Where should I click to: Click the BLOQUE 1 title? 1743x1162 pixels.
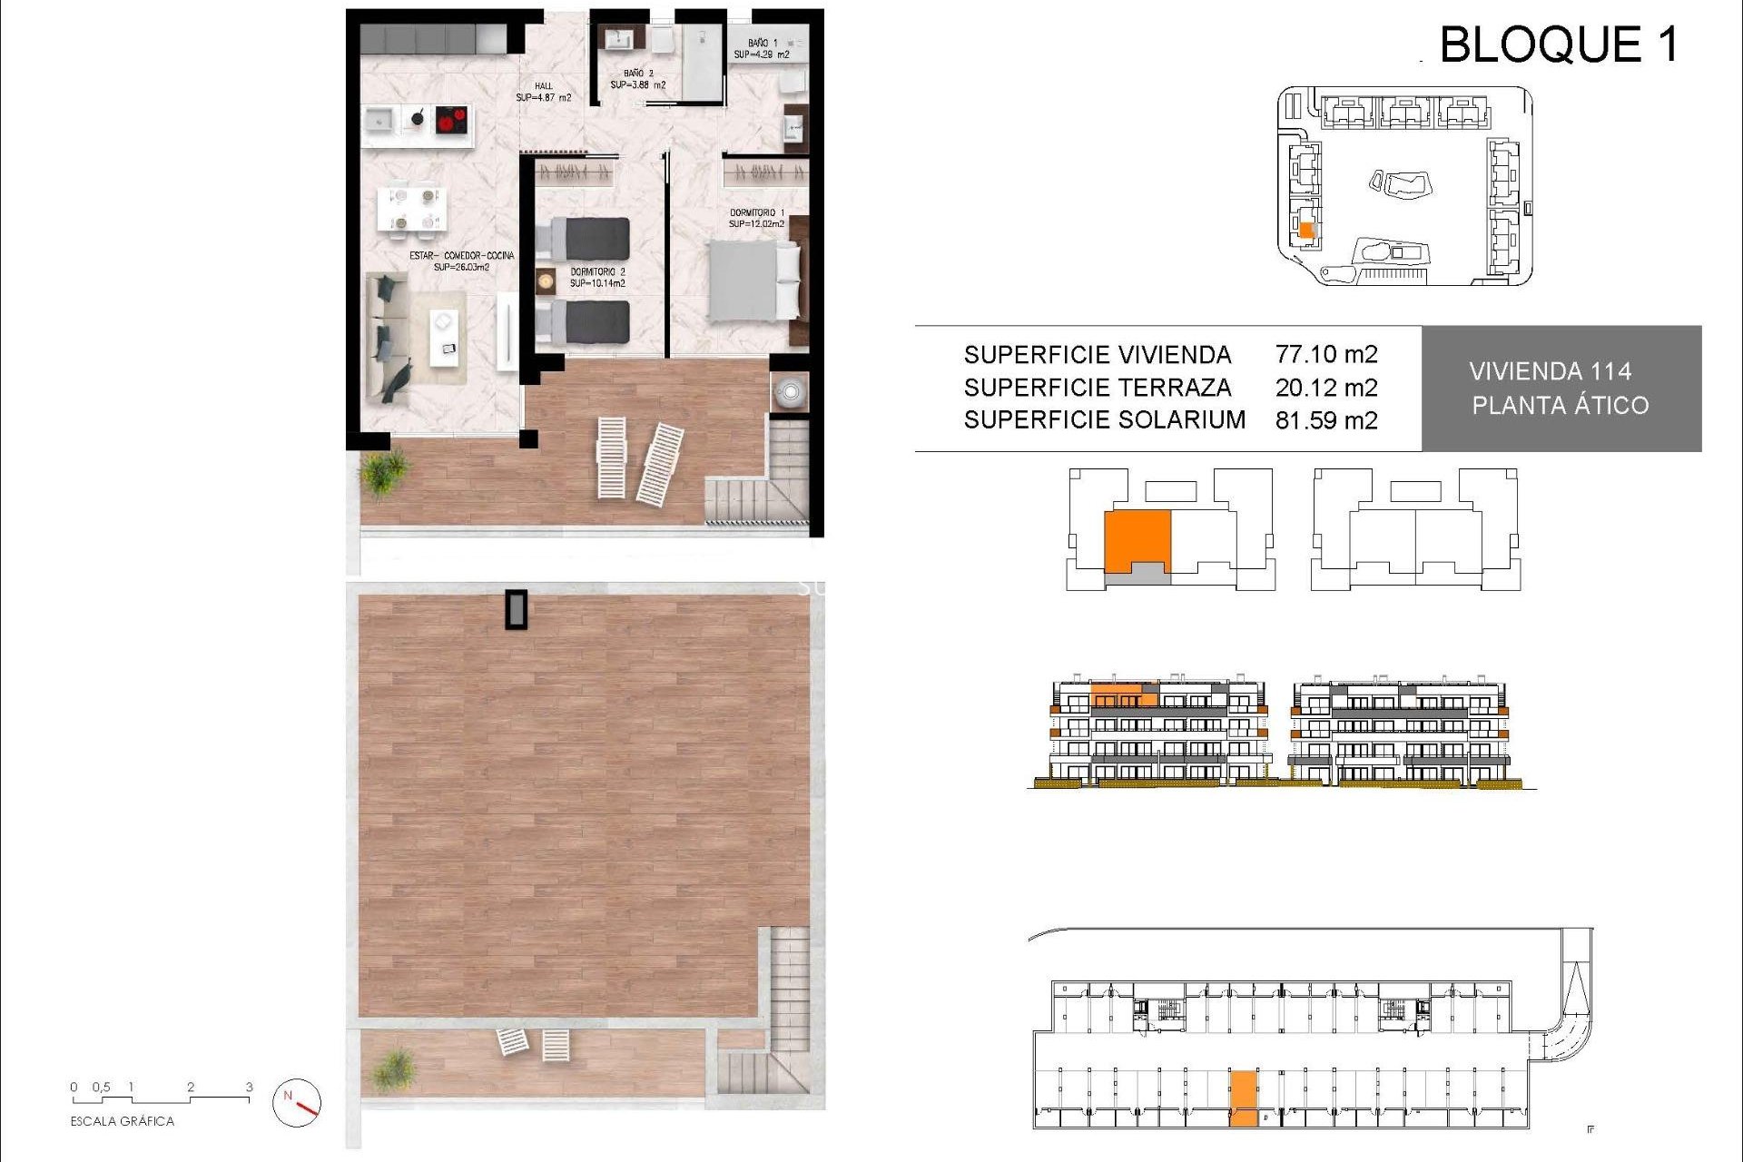1558,44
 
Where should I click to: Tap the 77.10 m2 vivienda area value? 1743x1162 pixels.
1326,354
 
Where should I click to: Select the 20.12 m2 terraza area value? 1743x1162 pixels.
1326,388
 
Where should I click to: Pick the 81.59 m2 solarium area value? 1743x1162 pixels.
1326,420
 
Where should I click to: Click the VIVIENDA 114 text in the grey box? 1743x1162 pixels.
1550,371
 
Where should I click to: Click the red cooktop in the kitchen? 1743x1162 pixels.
451,119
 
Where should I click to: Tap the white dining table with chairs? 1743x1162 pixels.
411,208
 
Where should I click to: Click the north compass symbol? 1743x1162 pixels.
297,1102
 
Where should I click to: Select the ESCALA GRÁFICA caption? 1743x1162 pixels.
123,1121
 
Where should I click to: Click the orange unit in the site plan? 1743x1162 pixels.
1305,231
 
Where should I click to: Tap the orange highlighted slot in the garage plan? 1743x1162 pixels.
1244,1098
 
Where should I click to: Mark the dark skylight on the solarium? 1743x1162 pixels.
517,609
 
